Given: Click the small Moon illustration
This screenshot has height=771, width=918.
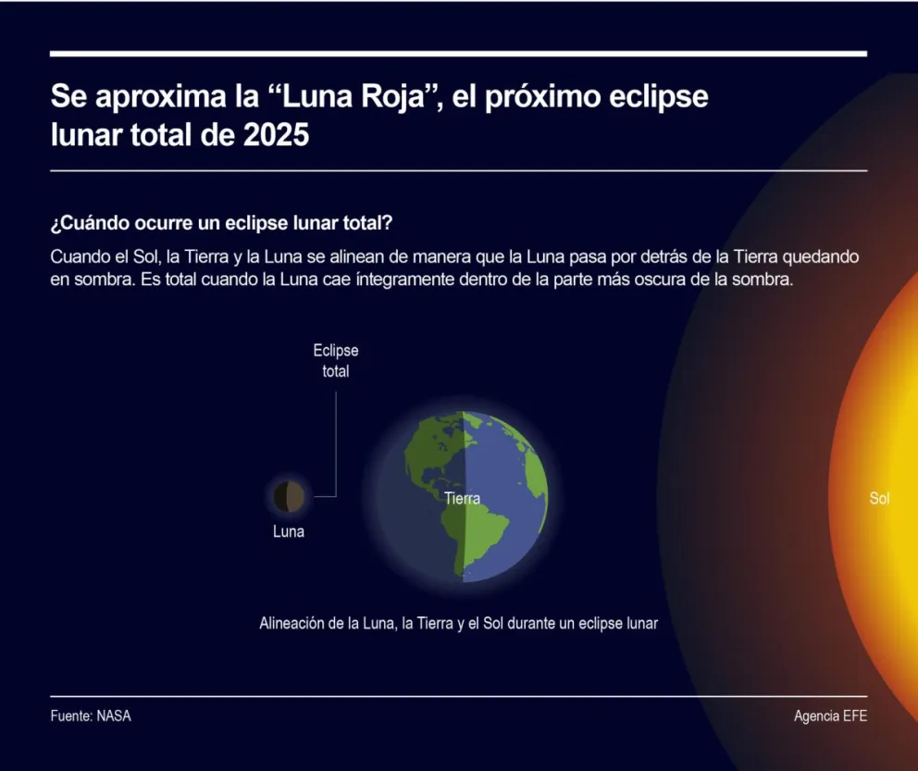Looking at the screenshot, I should [x=290, y=497].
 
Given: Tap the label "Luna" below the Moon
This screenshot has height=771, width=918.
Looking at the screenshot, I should [x=289, y=532].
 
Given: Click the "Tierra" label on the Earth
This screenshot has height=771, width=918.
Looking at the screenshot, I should [x=462, y=499].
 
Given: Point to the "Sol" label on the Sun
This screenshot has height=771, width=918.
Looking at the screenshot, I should [x=879, y=499].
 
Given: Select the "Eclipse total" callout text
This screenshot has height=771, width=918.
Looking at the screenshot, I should [x=335, y=361].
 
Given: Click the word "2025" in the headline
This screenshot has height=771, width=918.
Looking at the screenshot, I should [x=276, y=135].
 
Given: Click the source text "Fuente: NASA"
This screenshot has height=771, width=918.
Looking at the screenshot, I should [x=91, y=716].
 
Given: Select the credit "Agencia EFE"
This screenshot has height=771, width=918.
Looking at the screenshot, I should [x=830, y=716].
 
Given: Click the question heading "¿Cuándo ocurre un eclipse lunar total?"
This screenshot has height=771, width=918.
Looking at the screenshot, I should [x=222, y=225].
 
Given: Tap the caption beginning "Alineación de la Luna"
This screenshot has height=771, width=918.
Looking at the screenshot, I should [x=458, y=624].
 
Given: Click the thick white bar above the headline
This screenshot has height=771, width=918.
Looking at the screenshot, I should [x=458, y=54].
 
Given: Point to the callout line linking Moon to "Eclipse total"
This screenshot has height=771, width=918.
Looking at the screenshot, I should [x=335, y=444].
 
